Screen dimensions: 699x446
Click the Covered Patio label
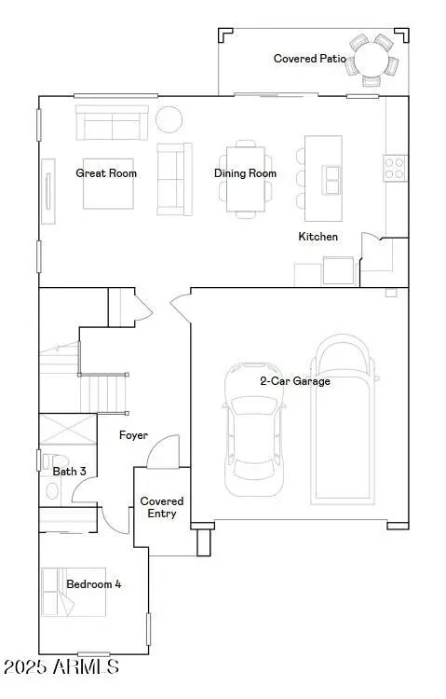click(x=309, y=59)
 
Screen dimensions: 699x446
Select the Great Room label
click(x=106, y=173)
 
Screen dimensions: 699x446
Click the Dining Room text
click(x=246, y=173)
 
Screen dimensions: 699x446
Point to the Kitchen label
click(x=318, y=237)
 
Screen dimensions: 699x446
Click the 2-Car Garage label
click(x=294, y=380)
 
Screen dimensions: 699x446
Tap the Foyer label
click(x=134, y=435)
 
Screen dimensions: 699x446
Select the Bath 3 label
click(x=70, y=472)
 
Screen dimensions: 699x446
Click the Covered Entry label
click(x=162, y=507)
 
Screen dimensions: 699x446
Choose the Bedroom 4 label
click(x=93, y=584)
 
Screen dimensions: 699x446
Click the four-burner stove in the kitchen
click(x=394, y=168)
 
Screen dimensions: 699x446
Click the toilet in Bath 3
click(x=54, y=463)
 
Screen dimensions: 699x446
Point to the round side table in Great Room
click(x=169, y=119)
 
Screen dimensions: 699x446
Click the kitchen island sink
click(x=331, y=176)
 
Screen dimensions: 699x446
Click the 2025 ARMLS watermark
click(x=61, y=667)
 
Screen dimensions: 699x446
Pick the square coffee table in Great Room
click(x=110, y=185)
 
